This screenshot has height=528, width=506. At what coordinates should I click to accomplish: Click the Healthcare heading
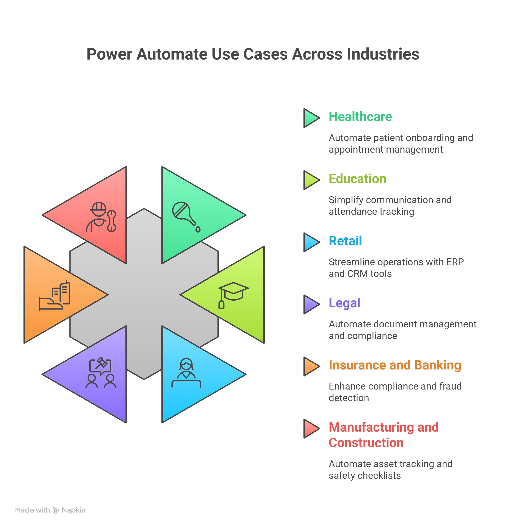(x=360, y=117)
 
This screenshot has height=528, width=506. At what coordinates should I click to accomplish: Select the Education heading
(x=357, y=179)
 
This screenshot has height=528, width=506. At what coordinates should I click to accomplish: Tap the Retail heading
(x=345, y=241)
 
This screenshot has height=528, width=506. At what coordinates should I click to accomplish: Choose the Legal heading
(x=344, y=303)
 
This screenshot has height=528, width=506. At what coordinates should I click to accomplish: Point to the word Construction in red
(x=366, y=443)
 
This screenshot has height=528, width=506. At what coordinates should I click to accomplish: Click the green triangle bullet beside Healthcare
(x=311, y=118)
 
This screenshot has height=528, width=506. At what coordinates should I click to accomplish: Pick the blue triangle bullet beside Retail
(x=311, y=242)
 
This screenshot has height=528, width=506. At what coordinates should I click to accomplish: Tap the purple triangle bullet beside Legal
(x=311, y=304)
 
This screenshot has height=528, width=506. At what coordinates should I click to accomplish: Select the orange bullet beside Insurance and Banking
(x=311, y=366)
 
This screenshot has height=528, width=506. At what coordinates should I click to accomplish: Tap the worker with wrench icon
(x=101, y=217)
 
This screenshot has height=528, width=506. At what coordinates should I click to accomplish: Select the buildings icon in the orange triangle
(x=55, y=295)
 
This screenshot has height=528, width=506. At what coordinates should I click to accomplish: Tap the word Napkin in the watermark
(x=73, y=510)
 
